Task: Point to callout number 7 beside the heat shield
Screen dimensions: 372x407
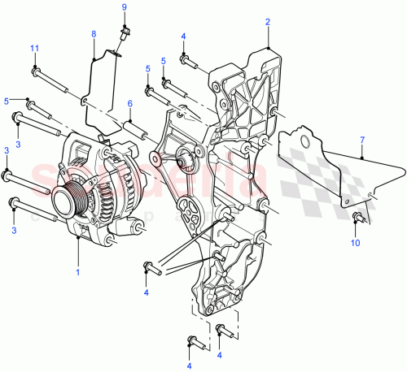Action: [x=362, y=141]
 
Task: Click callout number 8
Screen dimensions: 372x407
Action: [x=94, y=33]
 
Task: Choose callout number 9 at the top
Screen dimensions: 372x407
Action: [x=125, y=7]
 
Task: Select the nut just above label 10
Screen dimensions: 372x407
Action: [x=357, y=217]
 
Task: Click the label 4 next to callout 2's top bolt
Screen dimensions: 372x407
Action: [x=183, y=37]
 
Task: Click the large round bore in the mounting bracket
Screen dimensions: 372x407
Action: [x=186, y=161]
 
